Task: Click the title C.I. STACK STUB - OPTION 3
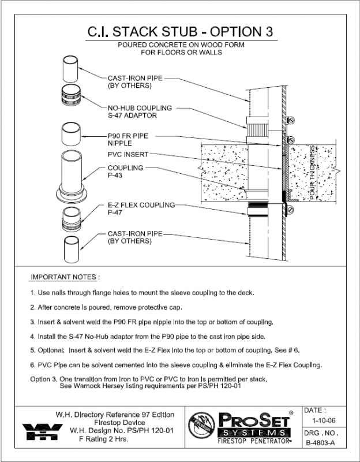(179, 30)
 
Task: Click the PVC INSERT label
(128, 154)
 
